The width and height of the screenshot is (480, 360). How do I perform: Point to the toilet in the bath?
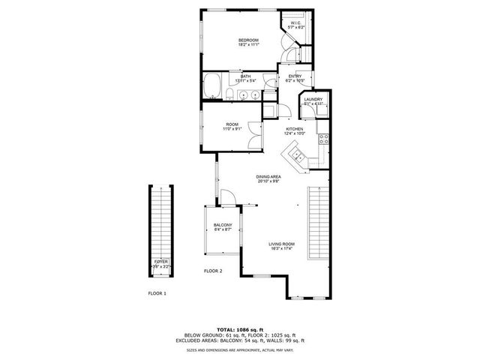(x=229, y=94)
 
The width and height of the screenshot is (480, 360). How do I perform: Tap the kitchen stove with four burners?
(x=324, y=139)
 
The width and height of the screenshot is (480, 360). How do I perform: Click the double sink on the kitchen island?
(x=297, y=156)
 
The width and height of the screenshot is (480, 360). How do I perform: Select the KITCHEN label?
(x=294, y=130)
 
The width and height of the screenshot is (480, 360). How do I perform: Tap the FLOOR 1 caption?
(x=157, y=293)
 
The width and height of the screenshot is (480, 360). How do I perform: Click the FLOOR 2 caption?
(x=213, y=270)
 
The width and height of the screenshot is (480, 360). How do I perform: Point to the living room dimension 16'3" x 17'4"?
(x=282, y=250)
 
